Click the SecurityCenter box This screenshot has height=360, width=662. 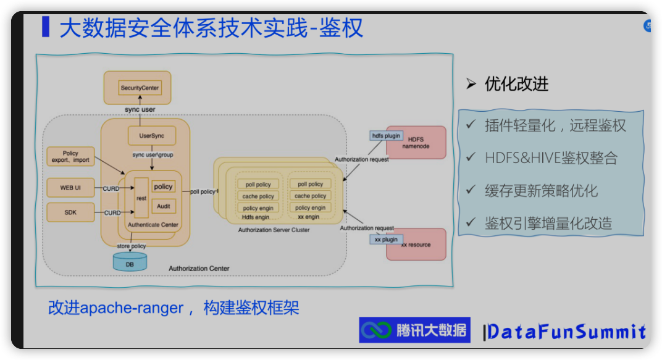(140, 88)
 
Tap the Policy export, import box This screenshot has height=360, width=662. (70, 156)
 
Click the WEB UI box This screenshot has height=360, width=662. (70, 188)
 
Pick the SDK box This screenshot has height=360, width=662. (70, 212)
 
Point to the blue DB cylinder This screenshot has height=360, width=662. (130, 262)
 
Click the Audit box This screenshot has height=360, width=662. (164, 206)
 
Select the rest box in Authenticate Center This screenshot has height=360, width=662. (141, 198)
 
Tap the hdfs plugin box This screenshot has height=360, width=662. (386, 135)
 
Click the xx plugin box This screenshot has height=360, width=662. (387, 238)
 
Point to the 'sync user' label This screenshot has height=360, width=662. (140, 110)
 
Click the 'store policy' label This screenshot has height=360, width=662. (132, 246)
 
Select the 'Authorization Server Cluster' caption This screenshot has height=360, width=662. (274, 230)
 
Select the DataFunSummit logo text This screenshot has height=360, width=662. (566, 332)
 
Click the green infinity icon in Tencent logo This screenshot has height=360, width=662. (376, 330)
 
